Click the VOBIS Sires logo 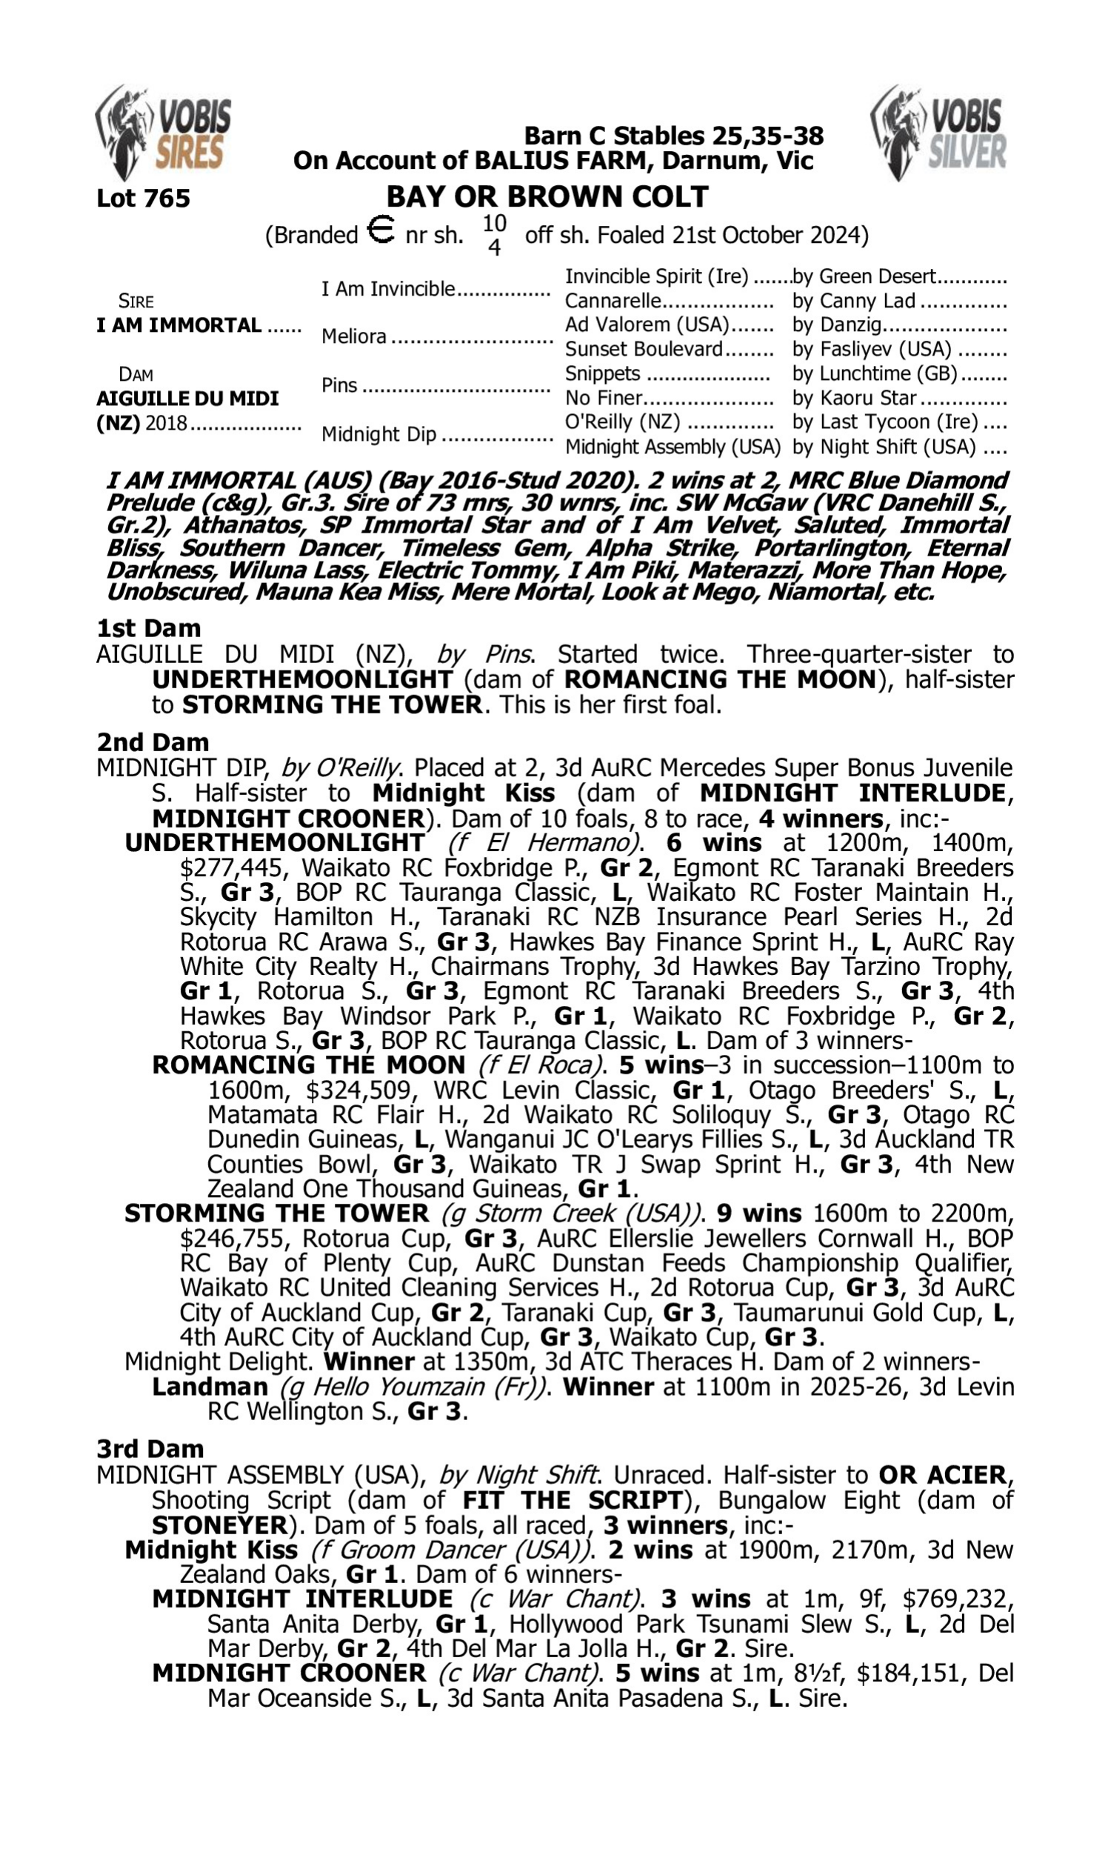point(162,133)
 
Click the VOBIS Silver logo point(938,133)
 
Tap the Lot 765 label point(143,199)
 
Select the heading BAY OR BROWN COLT point(547,197)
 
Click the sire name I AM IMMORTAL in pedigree point(179,326)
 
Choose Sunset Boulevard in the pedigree point(643,350)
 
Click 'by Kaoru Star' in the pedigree point(854,399)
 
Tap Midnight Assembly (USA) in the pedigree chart point(673,447)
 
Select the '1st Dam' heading point(148,628)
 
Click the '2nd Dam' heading point(153,742)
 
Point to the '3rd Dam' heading point(150,1448)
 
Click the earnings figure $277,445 point(231,867)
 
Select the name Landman point(210,1386)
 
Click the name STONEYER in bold point(219,1525)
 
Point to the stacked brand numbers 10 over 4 point(494,234)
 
